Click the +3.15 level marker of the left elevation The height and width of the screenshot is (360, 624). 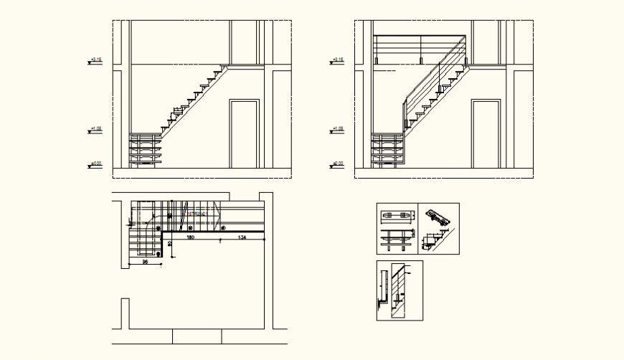95,61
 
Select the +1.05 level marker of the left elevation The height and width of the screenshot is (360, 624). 95,130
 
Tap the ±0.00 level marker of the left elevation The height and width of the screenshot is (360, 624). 95,165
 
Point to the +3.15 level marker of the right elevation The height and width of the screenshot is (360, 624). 337,61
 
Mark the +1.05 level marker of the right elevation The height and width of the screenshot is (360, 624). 337,130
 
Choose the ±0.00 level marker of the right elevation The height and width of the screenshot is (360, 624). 337,165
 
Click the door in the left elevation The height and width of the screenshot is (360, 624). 244,135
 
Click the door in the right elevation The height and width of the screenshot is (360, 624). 486,135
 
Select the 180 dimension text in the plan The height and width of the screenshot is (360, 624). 191,237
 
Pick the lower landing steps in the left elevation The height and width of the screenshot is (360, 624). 146,149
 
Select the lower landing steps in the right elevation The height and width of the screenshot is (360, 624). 387,149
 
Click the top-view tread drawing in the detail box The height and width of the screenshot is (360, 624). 397,215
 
